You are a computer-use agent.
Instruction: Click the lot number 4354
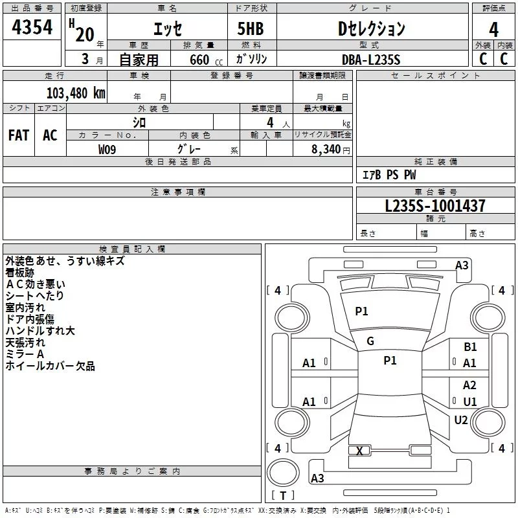pyautogui.click(x=32, y=27)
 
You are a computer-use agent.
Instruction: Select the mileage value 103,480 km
pyautogui.click(x=76, y=93)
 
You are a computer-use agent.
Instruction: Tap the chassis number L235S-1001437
pyautogui.click(x=435, y=206)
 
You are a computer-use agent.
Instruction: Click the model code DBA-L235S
pyautogui.click(x=371, y=60)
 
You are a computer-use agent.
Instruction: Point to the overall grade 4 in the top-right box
pyautogui.click(x=493, y=30)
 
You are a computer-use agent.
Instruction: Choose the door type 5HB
pyautogui.click(x=251, y=28)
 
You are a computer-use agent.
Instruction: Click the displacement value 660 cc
pyautogui.click(x=206, y=60)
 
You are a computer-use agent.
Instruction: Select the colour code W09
pyautogui.click(x=107, y=150)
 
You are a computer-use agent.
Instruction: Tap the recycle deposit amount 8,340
pyautogui.click(x=326, y=150)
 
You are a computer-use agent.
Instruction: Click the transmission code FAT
pyautogui.click(x=19, y=135)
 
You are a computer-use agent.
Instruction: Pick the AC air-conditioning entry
pyautogui.click(x=51, y=135)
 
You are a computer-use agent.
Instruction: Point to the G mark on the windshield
pyautogui.click(x=370, y=341)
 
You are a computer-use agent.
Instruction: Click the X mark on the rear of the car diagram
pyautogui.click(x=359, y=451)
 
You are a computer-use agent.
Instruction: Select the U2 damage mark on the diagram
pyautogui.click(x=461, y=420)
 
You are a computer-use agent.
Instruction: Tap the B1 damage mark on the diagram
pyautogui.click(x=470, y=347)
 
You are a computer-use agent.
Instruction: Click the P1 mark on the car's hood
pyautogui.click(x=361, y=311)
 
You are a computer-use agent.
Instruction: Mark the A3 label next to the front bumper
pyautogui.click(x=462, y=265)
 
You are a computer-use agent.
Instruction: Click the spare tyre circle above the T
pyautogui.click(x=283, y=473)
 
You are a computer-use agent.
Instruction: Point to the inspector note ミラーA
pyautogui.click(x=25, y=354)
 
